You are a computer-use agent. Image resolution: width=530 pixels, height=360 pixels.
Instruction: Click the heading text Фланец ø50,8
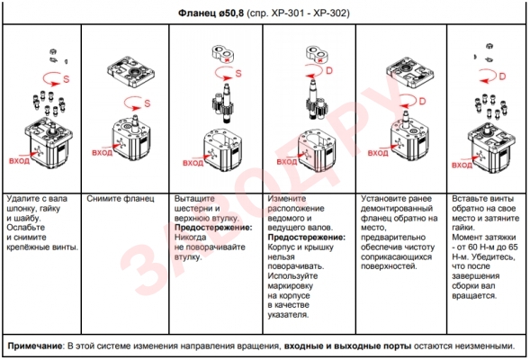coord(211,13)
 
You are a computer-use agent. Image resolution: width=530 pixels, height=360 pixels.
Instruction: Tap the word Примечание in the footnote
coord(35,346)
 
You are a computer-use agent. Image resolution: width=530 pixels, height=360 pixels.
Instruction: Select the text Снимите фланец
coord(121,199)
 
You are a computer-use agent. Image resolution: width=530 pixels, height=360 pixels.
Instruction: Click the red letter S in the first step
coord(67,79)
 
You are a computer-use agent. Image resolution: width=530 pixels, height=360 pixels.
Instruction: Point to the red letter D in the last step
coord(502,76)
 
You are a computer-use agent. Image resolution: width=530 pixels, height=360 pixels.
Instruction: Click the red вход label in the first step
coord(19,160)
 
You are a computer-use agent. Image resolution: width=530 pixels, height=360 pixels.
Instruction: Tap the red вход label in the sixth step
coord(462,165)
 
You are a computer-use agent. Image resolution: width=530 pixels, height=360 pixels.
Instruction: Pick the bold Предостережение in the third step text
coord(213,228)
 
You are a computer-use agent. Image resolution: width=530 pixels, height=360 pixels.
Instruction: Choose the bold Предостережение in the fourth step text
coord(307,238)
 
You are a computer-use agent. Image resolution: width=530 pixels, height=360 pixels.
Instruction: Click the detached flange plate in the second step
coord(130,72)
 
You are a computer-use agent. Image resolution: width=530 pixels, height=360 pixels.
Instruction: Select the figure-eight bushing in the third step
coord(223,54)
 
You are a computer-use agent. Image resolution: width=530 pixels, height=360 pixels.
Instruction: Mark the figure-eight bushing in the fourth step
coord(318,54)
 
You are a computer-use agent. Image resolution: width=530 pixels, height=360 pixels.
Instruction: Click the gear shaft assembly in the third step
coord(223,103)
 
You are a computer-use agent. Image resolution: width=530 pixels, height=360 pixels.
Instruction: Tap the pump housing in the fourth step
coord(317,150)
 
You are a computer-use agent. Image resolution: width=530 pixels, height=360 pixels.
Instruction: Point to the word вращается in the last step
coord(474,296)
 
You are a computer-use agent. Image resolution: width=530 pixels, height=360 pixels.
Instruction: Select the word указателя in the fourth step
coord(288,315)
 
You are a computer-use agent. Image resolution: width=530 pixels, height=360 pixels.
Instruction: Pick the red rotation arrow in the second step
coord(133,103)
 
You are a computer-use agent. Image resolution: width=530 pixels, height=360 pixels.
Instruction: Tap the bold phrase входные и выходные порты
coord(348,346)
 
